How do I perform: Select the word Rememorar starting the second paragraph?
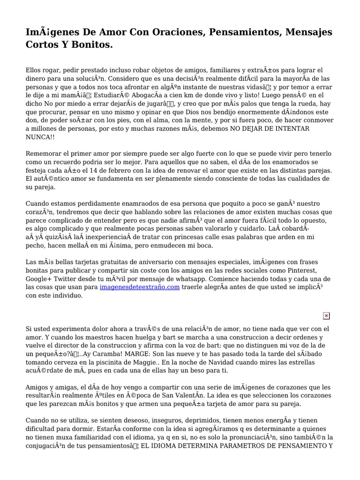(x=44, y=153)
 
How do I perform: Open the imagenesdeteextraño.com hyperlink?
(x=139, y=287)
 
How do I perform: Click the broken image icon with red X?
(x=326, y=316)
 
